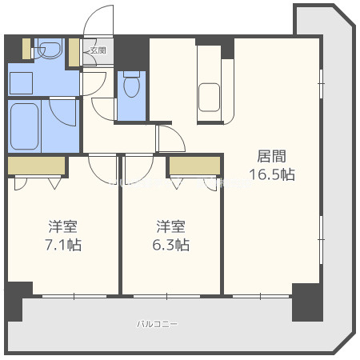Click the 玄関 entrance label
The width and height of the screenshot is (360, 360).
point(98,50)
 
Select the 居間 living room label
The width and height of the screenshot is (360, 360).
point(270,156)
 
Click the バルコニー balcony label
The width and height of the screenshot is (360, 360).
point(157,324)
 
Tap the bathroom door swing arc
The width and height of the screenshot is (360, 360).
point(62,112)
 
